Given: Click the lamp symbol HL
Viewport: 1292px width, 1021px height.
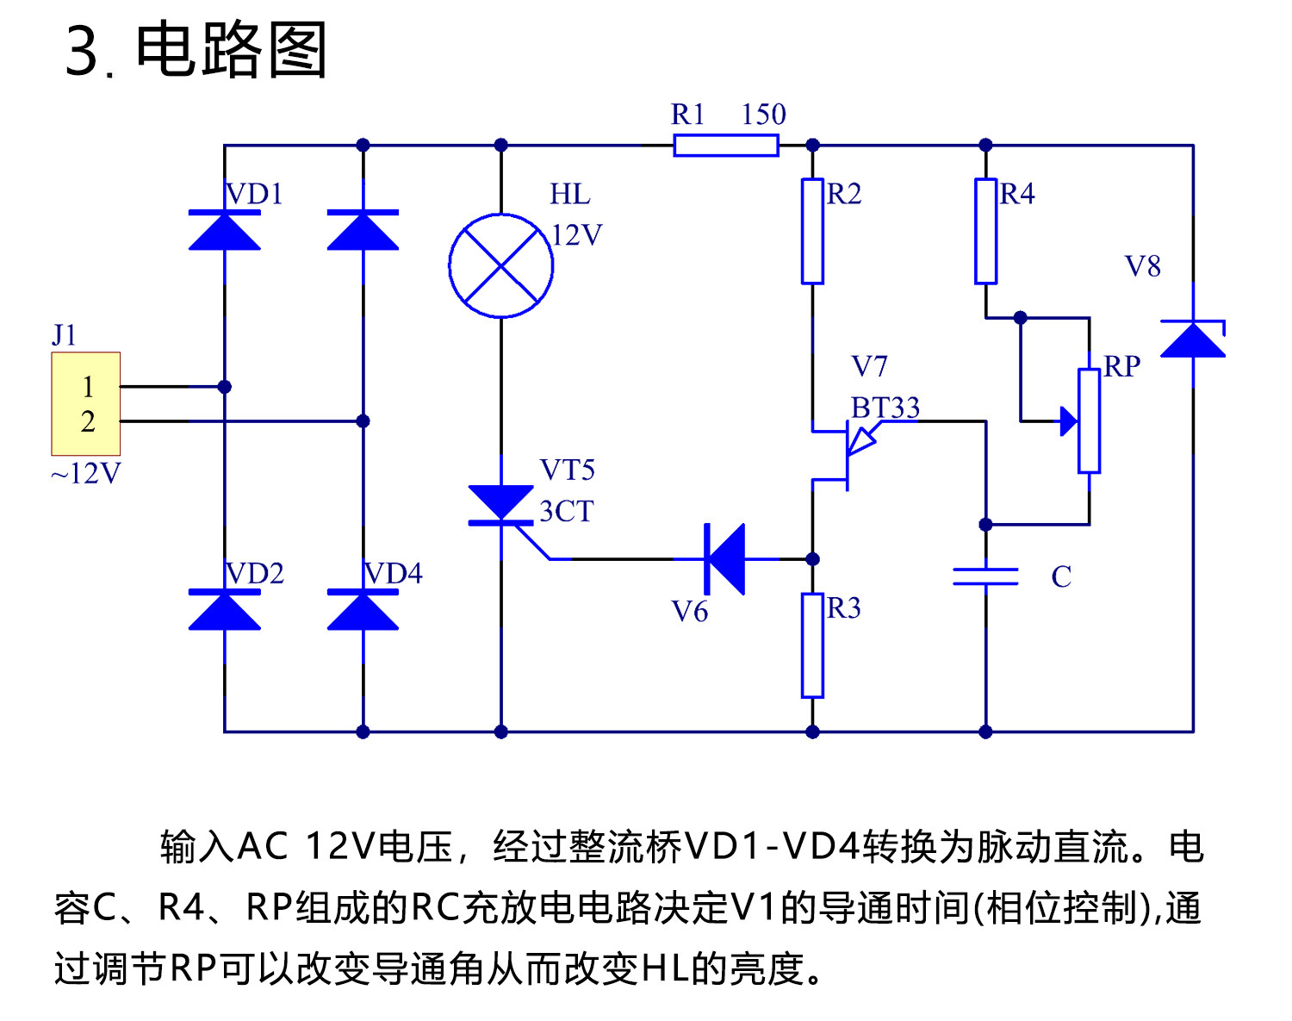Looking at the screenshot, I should pyautogui.click(x=500, y=265).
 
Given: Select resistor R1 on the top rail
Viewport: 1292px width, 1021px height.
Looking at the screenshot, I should pyautogui.click(x=725, y=146).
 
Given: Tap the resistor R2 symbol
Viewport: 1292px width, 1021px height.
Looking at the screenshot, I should pyautogui.click(x=812, y=231).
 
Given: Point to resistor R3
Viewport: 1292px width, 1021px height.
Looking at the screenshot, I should pyautogui.click(x=812, y=644).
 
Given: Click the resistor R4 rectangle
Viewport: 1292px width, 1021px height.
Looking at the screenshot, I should pyautogui.click(x=985, y=231).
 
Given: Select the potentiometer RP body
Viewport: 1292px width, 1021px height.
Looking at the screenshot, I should pyautogui.click(x=1089, y=420).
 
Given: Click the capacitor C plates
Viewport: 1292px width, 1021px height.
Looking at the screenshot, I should pyautogui.click(x=985, y=576).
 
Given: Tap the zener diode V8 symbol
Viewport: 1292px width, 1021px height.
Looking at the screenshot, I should pyautogui.click(x=1193, y=339).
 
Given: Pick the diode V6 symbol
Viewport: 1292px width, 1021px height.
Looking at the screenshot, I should pyautogui.click(x=724, y=559).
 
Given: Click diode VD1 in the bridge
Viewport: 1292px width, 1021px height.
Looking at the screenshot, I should pyautogui.click(x=225, y=231).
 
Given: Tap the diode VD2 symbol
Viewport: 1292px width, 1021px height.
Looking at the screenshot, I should pyautogui.click(x=225, y=610).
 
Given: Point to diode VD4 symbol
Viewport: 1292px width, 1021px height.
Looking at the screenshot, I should pyautogui.click(x=363, y=610).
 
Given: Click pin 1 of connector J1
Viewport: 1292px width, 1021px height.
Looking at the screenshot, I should pyautogui.click(x=87, y=387).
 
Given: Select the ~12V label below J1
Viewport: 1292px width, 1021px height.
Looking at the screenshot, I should pyautogui.click(x=85, y=473).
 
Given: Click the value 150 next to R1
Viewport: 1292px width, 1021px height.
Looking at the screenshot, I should pyautogui.click(x=763, y=115).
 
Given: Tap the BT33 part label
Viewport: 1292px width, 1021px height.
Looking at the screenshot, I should pyautogui.click(x=885, y=408).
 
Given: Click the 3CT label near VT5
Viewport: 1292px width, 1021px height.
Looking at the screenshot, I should pyautogui.click(x=566, y=511).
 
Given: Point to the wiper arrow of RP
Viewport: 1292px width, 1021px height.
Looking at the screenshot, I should pyautogui.click(x=1068, y=421).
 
